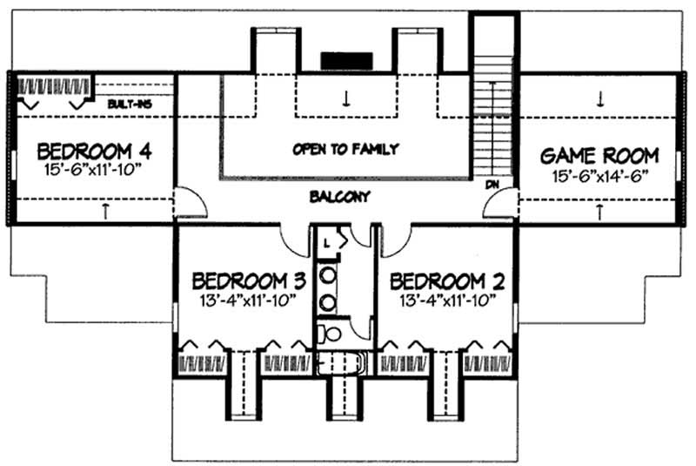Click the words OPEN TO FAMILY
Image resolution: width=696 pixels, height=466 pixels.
345,149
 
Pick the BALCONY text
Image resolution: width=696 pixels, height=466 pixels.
339,197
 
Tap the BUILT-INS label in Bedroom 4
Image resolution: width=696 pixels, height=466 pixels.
130,105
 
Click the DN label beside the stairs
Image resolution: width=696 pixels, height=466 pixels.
492,185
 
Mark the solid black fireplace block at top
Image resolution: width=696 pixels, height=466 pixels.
346,60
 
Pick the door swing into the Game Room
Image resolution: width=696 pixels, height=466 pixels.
500,205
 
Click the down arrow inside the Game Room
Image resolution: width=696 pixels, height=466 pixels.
600,98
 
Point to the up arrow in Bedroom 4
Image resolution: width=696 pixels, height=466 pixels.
105,209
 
